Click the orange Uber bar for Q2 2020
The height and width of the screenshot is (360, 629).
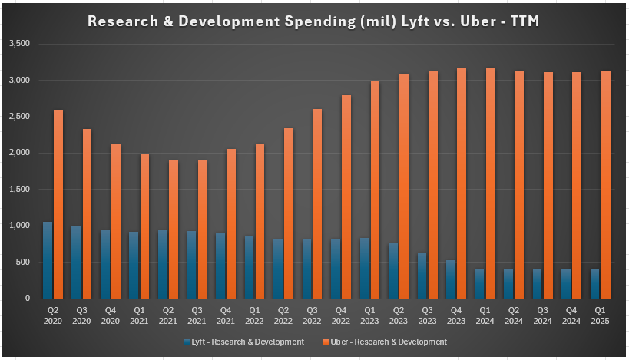(x=58, y=204)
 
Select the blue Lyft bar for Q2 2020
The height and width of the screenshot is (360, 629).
(x=48, y=260)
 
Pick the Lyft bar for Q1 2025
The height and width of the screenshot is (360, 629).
(x=595, y=283)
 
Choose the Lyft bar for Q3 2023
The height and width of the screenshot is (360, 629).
(x=422, y=276)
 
